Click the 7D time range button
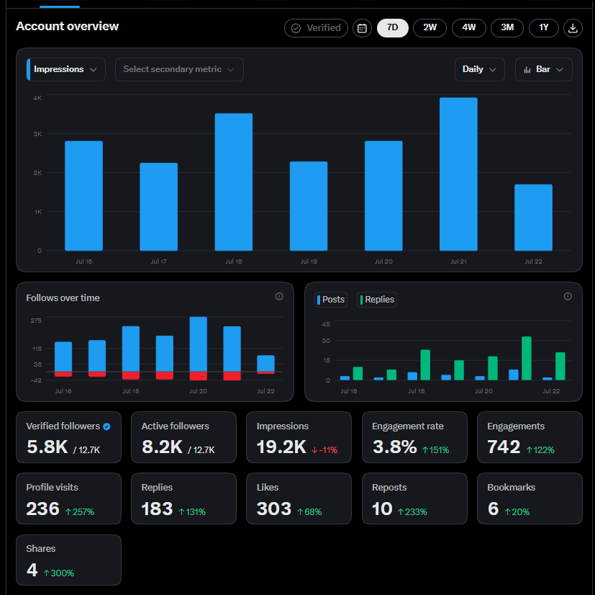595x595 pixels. tap(392, 28)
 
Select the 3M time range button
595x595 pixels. tap(507, 28)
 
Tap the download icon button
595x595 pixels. tap(573, 28)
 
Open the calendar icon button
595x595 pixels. tap(362, 28)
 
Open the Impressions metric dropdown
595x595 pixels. tap(66, 70)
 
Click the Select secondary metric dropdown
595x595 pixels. tap(179, 70)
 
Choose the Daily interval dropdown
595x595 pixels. tap(480, 70)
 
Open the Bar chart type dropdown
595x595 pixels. tap(543, 70)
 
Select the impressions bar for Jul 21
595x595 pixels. tap(458, 174)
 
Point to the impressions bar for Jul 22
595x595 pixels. tap(533, 218)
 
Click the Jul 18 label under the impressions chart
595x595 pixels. tap(234, 261)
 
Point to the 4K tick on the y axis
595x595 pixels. tap(37, 98)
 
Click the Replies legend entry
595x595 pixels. tap(377, 300)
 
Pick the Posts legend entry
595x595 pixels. tap(331, 300)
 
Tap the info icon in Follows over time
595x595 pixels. tap(279, 296)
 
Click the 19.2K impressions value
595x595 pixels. tap(281, 447)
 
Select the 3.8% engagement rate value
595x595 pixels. tap(395, 447)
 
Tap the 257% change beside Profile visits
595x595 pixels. tap(80, 511)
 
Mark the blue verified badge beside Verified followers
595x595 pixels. tap(106, 426)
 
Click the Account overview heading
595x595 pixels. tap(67, 26)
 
